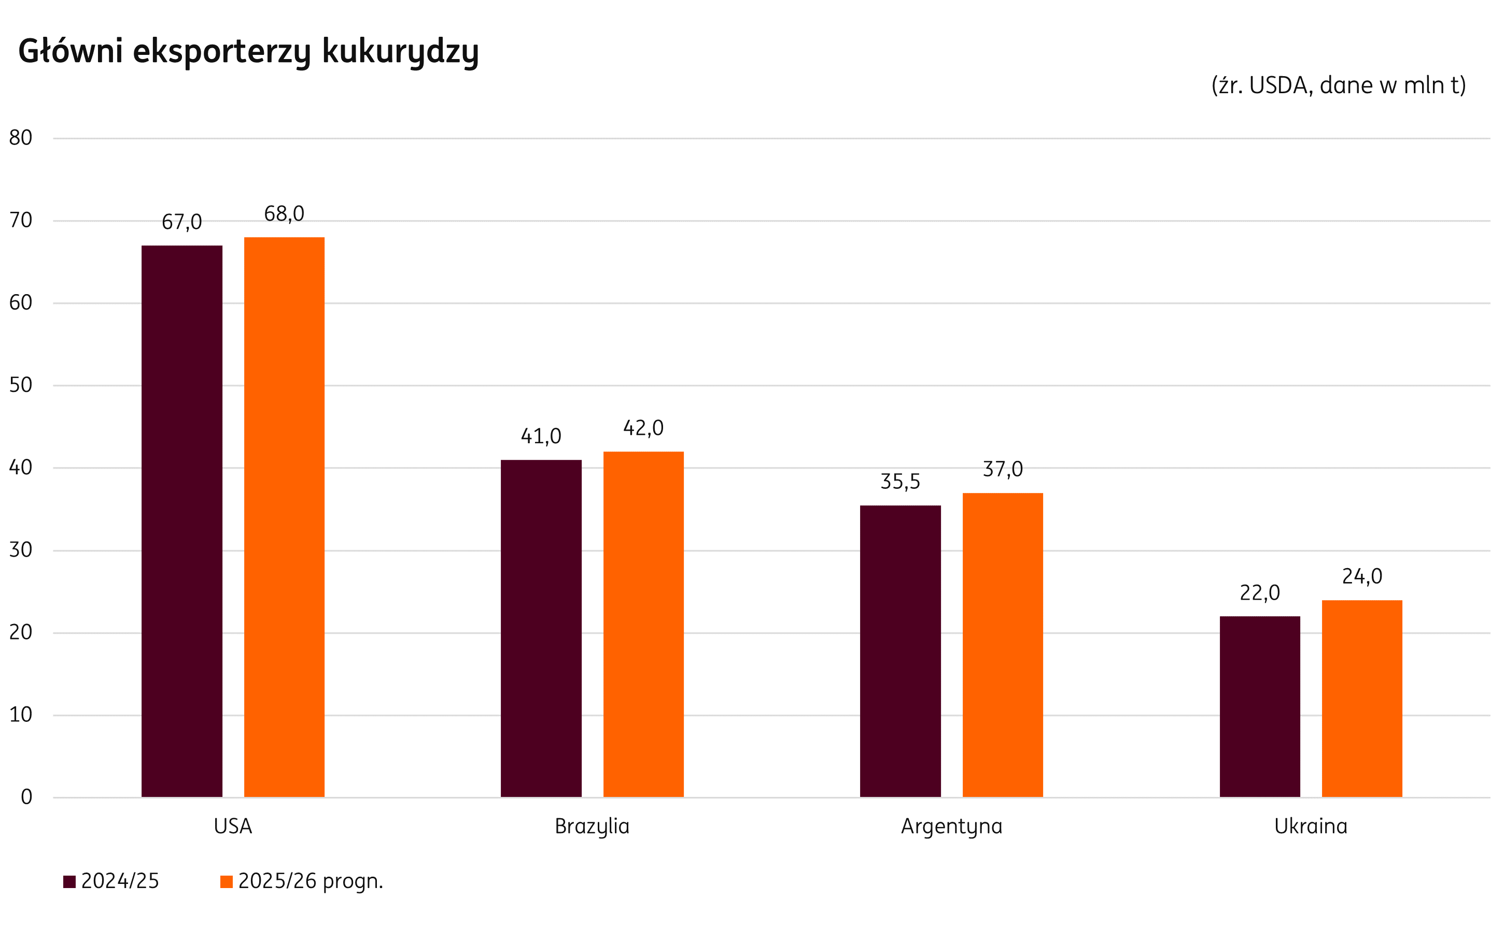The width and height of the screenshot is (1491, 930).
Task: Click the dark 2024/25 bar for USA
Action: click(181, 521)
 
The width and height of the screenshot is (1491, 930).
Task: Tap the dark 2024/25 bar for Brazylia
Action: click(541, 628)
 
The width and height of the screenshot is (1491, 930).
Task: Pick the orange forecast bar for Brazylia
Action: click(643, 624)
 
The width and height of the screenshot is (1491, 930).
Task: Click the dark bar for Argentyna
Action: click(900, 651)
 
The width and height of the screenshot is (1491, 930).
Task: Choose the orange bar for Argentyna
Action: click(1002, 645)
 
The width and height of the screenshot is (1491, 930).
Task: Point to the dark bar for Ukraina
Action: click(1260, 706)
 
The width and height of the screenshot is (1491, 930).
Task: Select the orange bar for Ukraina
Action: click(1362, 698)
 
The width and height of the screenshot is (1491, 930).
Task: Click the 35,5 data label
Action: click(900, 482)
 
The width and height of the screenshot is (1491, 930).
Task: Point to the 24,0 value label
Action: click(1362, 576)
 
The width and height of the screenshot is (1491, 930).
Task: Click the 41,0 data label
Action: click(541, 436)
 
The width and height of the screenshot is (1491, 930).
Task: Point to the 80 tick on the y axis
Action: click(20, 138)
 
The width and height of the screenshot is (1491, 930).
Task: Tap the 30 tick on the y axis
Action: click(20, 550)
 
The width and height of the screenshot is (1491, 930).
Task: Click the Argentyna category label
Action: click(951, 826)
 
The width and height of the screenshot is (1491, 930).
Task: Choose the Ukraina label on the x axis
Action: click(1311, 826)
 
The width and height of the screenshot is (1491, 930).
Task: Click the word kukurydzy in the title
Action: click(400, 52)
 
